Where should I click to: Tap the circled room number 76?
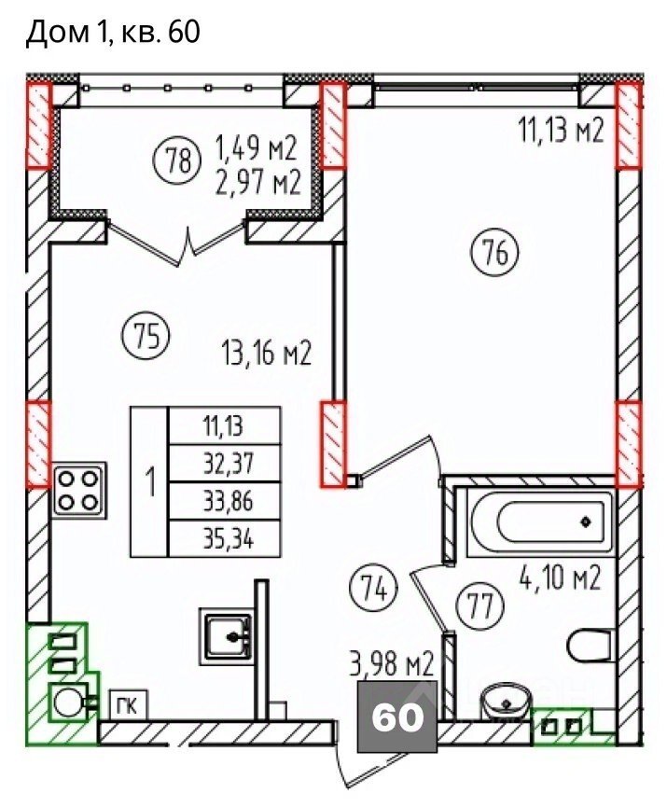(x=494, y=253)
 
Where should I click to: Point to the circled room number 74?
(x=375, y=587)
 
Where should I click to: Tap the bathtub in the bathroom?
(x=540, y=522)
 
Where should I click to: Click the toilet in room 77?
(x=591, y=646)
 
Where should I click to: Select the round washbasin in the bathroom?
(x=506, y=702)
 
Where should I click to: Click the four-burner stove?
(x=78, y=490)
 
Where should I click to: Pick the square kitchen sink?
(x=228, y=636)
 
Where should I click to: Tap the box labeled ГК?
(x=129, y=706)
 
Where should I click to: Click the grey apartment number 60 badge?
(x=397, y=717)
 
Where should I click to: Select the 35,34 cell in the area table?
(x=225, y=539)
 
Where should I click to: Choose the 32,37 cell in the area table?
(x=225, y=465)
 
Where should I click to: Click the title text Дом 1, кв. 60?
(x=113, y=32)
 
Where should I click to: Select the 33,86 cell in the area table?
(x=225, y=502)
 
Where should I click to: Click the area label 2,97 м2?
(x=257, y=182)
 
